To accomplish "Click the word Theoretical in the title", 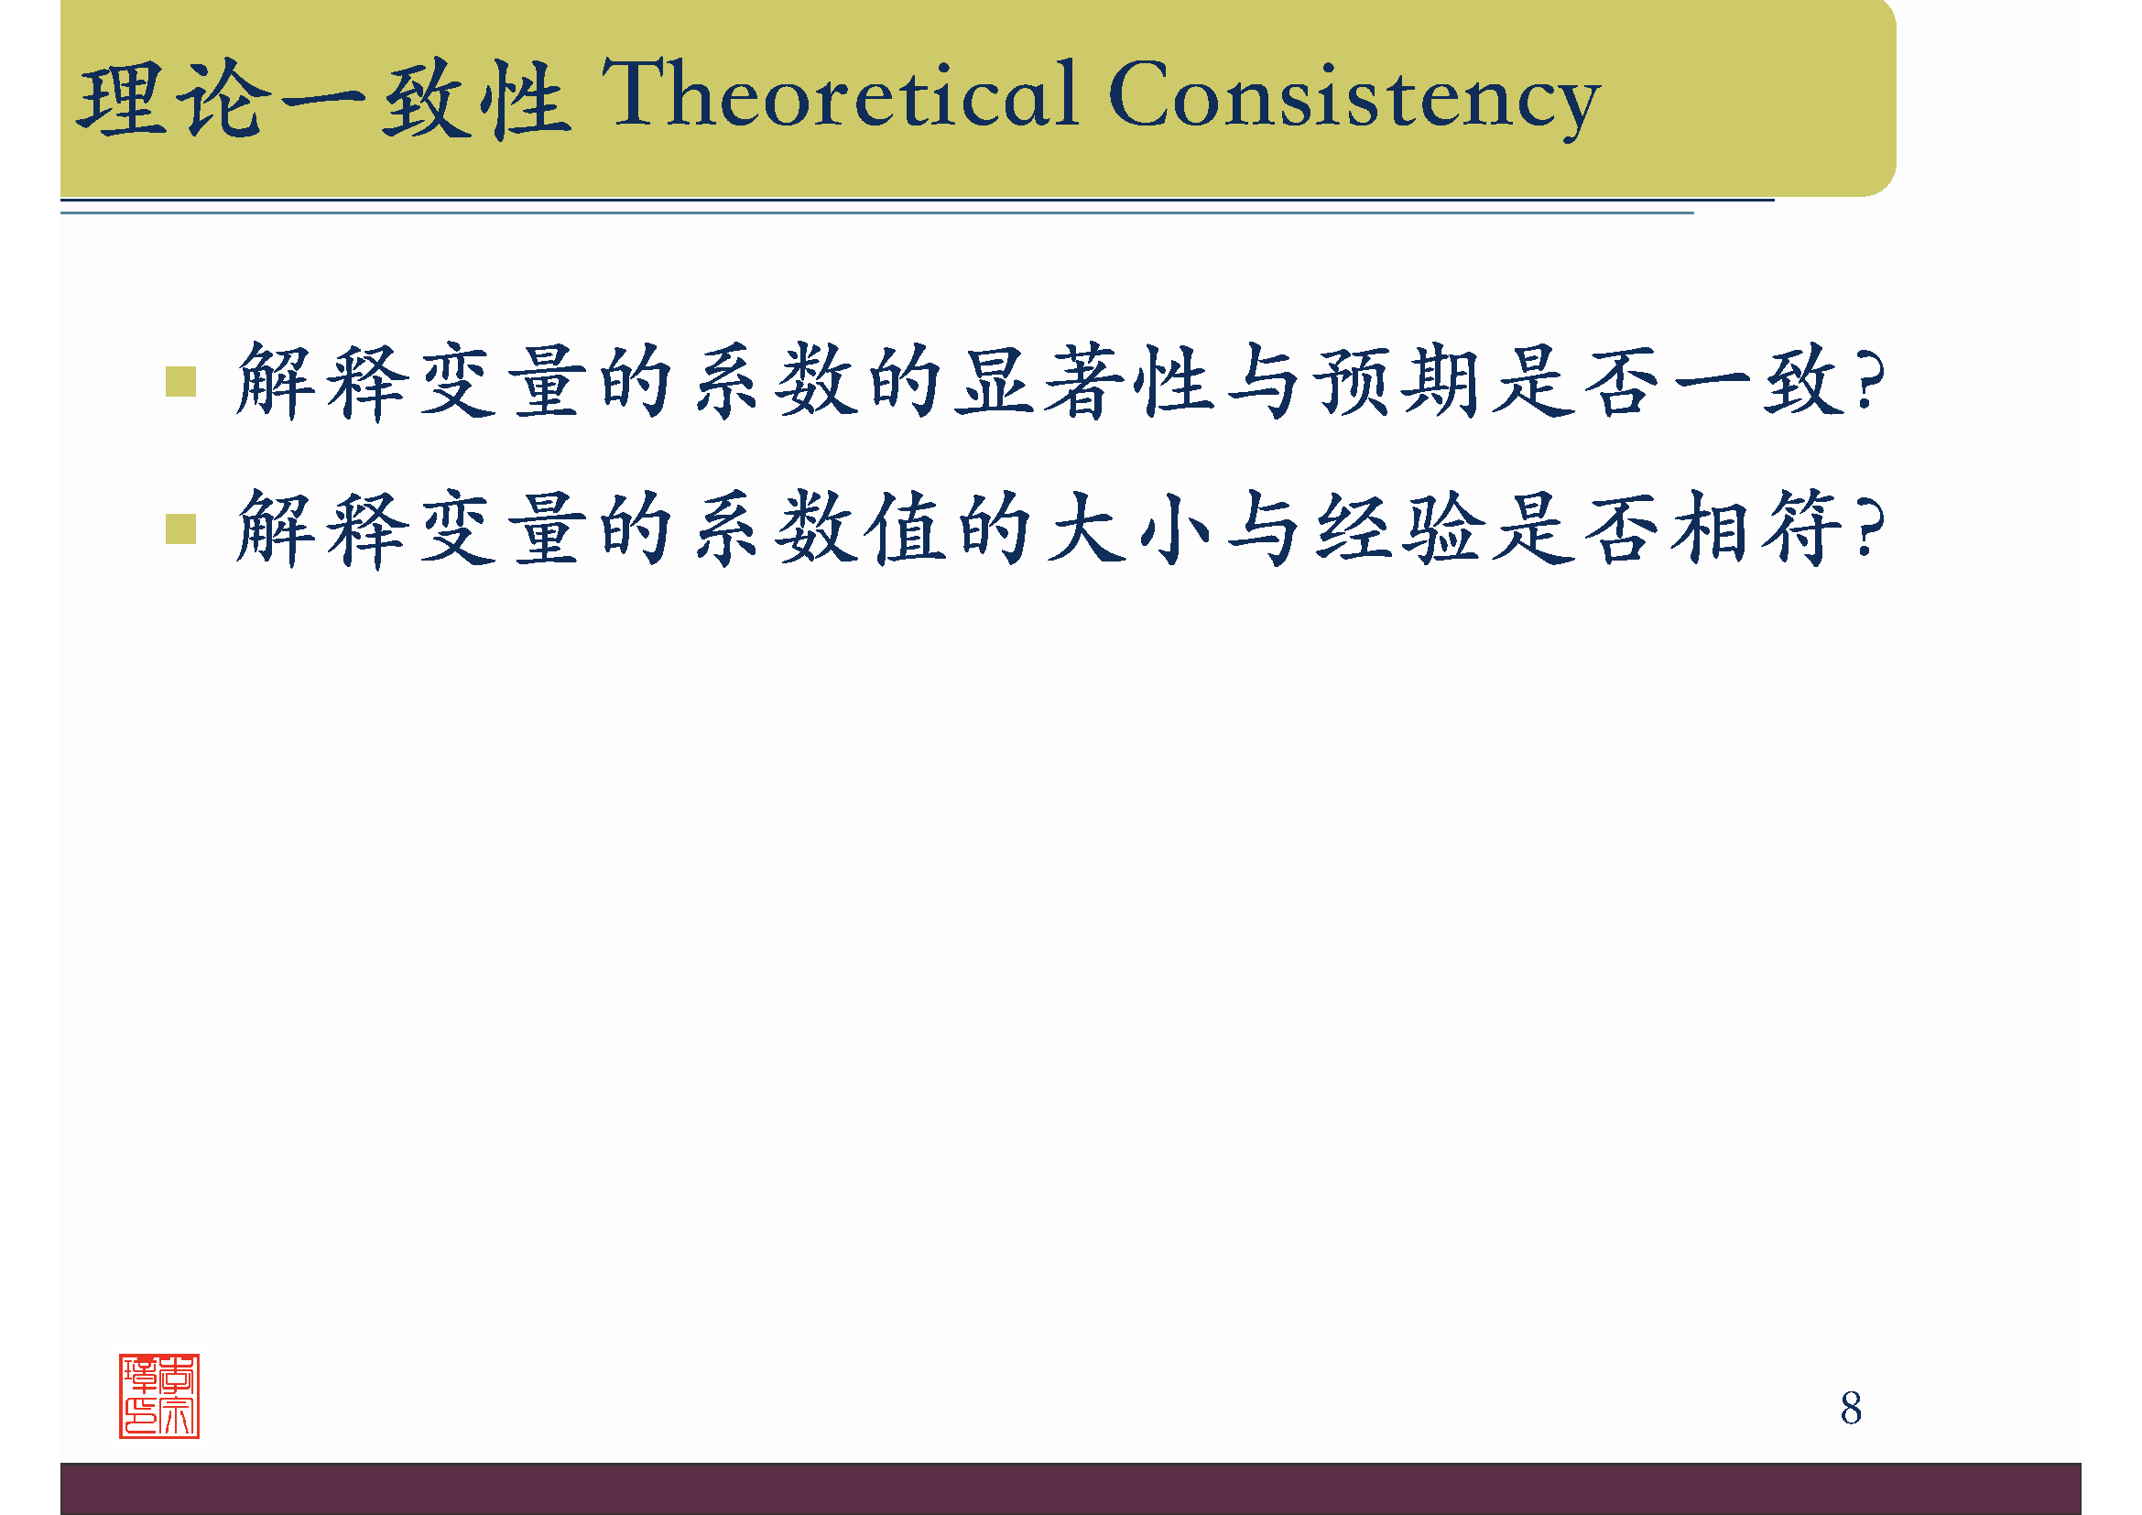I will pyautogui.click(x=840, y=93).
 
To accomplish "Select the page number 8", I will pyautogui.click(x=1851, y=1408).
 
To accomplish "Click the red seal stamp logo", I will pyautogui.click(x=158, y=1396).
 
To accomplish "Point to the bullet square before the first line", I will pyautogui.click(x=180, y=382).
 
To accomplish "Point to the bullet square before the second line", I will pyautogui.click(x=180, y=529).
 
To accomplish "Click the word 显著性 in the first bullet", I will pyautogui.click(x=1084, y=382).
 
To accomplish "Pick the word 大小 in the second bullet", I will pyautogui.click(x=1129, y=529).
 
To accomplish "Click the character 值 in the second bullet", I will pyautogui.click(x=905, y=529).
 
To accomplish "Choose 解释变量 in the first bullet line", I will pyautogui.click(x=410, y=382).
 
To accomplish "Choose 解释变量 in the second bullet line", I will pyautogui.click(x=410, y=529).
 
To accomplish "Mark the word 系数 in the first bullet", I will pyautogui.click(x=775, y=382).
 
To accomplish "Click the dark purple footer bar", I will pyautogui.click(x=1071, y=1488).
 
